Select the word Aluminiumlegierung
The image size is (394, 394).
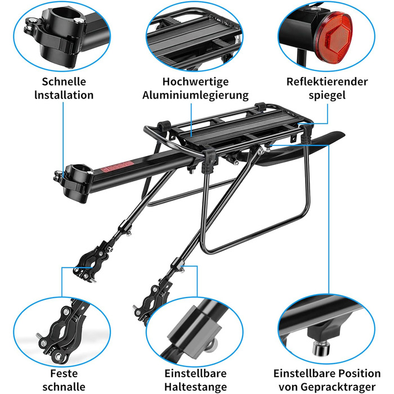tap(195, 95)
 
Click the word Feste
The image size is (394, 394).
tap(64, 373)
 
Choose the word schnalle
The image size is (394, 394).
tap(64, 386)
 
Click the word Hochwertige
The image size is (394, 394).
tap(195, 81)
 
